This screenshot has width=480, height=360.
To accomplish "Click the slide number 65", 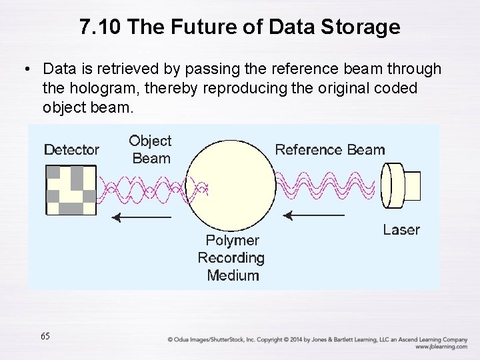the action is (45, 336).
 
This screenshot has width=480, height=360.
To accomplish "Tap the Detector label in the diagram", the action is (71, 150).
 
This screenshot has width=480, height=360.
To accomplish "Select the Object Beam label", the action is (150, 149).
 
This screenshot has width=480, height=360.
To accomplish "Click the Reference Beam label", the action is (330, 149).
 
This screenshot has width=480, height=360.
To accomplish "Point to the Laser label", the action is (401, 230).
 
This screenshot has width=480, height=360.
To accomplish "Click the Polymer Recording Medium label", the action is (231, 257).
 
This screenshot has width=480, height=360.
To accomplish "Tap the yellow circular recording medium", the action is (232, 183).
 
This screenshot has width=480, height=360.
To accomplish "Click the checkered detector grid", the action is (70, 189).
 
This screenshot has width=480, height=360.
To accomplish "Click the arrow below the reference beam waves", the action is (313, 215).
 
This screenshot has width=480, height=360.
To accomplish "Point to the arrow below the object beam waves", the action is (141, 217).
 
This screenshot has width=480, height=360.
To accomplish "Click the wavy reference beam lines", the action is (327, 185).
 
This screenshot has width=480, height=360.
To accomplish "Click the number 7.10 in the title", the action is (100, 27).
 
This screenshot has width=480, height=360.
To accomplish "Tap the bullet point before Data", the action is (25, 69).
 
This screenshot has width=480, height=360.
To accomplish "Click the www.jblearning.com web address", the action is (440, 347).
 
